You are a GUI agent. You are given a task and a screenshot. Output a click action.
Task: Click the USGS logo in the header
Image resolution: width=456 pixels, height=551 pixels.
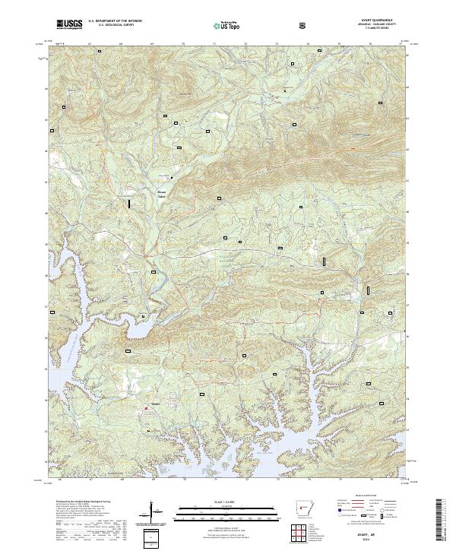(x=70, y=25)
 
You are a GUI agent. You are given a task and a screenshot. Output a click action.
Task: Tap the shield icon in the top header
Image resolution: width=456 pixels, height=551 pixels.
(x=304, y=26)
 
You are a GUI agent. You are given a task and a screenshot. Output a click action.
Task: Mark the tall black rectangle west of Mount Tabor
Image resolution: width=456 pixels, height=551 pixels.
(x=129, y=203)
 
